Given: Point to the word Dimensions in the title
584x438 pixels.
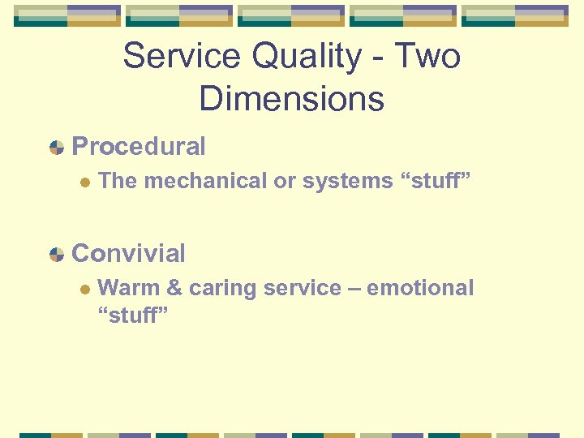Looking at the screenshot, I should (291, 98).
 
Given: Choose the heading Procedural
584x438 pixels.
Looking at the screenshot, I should (139, 147).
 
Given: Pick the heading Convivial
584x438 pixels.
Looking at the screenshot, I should (128, 253).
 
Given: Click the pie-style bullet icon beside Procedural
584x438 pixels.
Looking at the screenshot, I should (56, 148).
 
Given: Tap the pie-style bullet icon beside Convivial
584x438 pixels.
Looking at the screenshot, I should (56, 254).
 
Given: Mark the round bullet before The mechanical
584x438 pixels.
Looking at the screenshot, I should (82, 182).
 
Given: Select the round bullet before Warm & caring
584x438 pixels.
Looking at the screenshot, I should (82, 290).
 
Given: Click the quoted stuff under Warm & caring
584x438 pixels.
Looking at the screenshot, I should (132, 315).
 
